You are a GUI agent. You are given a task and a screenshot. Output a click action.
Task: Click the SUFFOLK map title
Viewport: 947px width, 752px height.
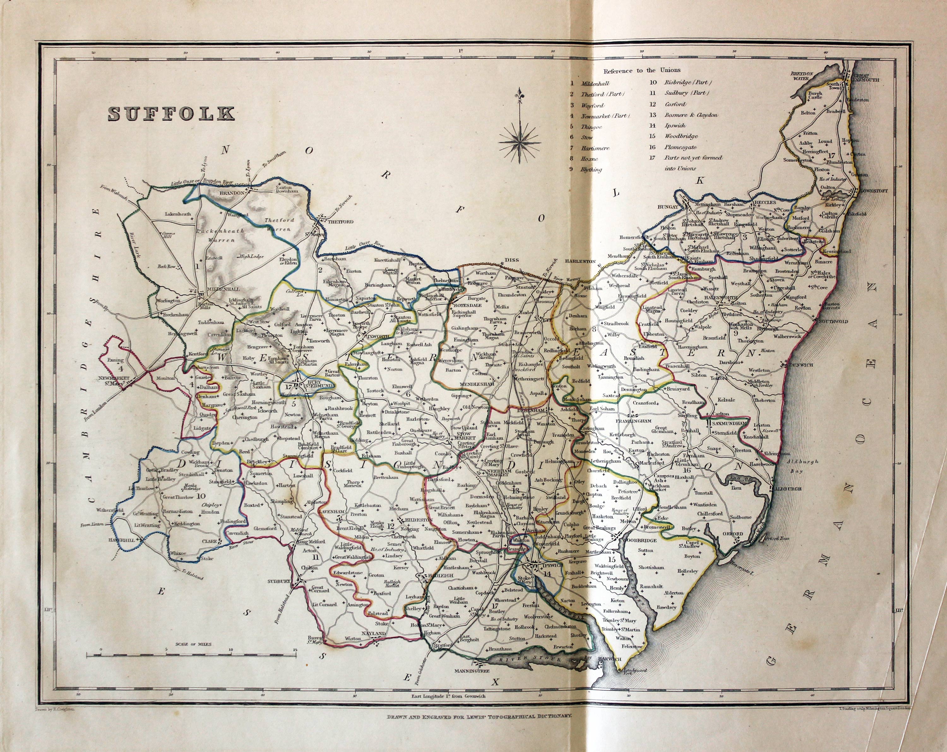click(171, 113)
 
